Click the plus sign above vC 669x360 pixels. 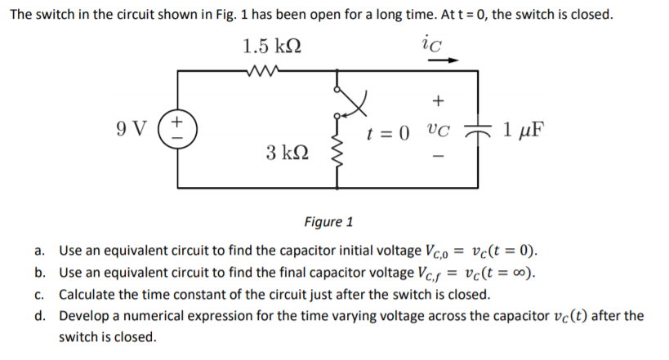point(438,101)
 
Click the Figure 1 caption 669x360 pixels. point(328,221)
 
